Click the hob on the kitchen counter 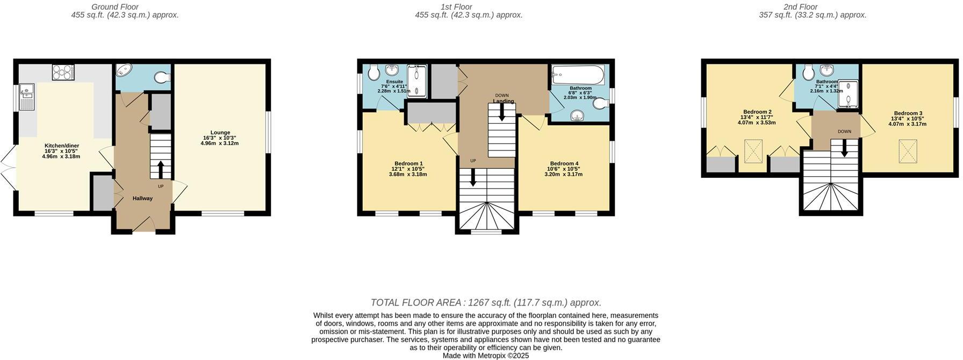click(x=63, y=73)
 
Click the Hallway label click(x=142, y=198)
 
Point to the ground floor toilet click(x=162, y=78)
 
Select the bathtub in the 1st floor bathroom click(x=578, y=74)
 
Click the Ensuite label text click(x=394, y=82)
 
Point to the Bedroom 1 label click(x=408, y=163)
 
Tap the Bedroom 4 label click(x=564, y=163)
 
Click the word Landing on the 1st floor click(x=504, y=101)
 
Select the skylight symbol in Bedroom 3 click(x=908, y=150)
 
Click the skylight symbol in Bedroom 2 click(x=752, y=150)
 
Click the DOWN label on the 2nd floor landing click(x=844, y=131)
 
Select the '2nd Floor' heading click(x=800, y=7)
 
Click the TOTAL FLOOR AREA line click(x=486, y=303)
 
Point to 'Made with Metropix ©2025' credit click(x=486, y=356)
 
